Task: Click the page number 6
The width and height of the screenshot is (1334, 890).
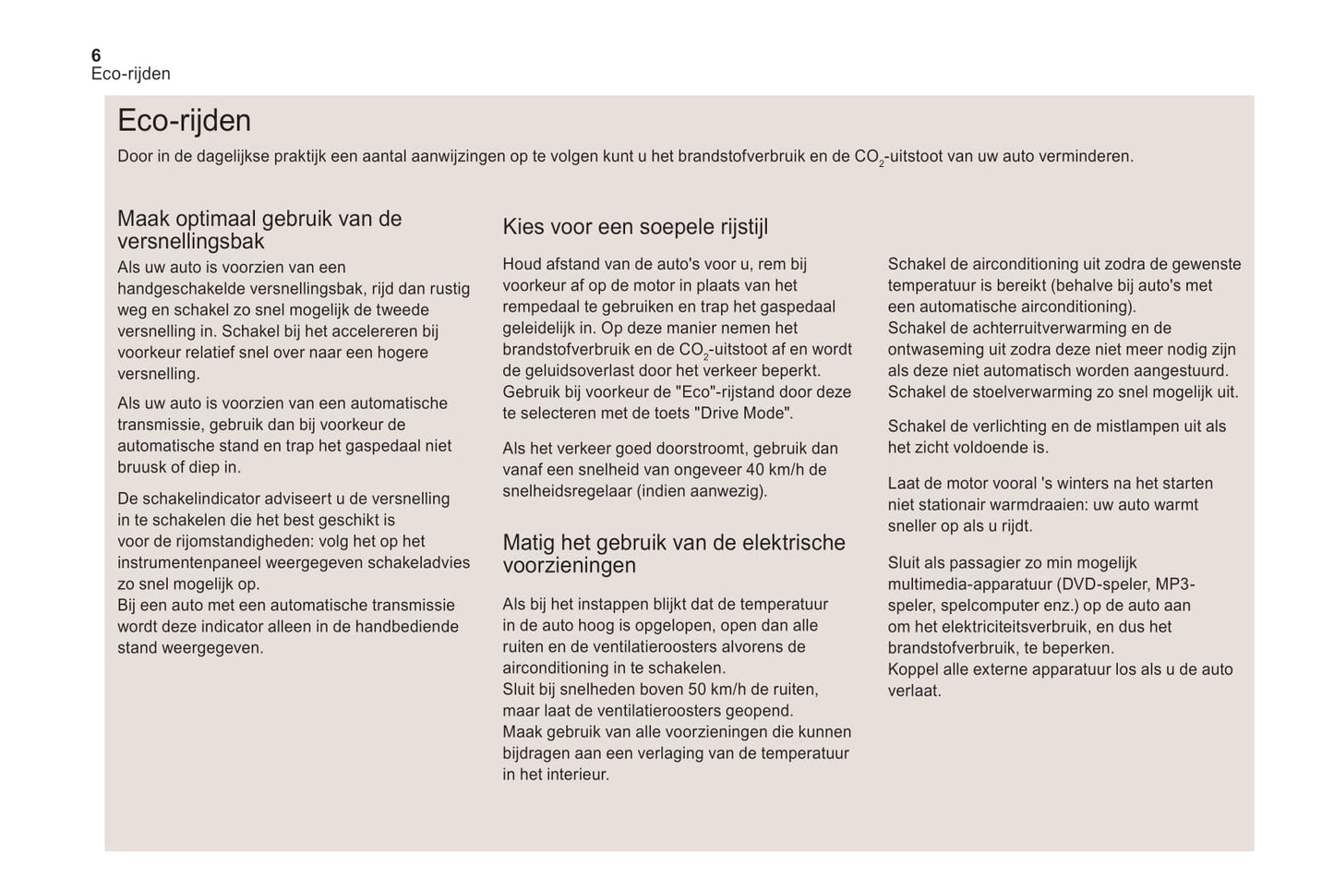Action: point(96,55)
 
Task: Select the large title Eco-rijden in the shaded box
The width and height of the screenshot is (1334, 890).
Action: point(184,121)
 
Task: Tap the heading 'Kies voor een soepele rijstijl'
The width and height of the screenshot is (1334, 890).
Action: point(635,227)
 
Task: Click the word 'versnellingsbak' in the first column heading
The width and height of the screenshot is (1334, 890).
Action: point(191,242)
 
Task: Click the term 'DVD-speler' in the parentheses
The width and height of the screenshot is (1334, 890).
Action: point(1102,584)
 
